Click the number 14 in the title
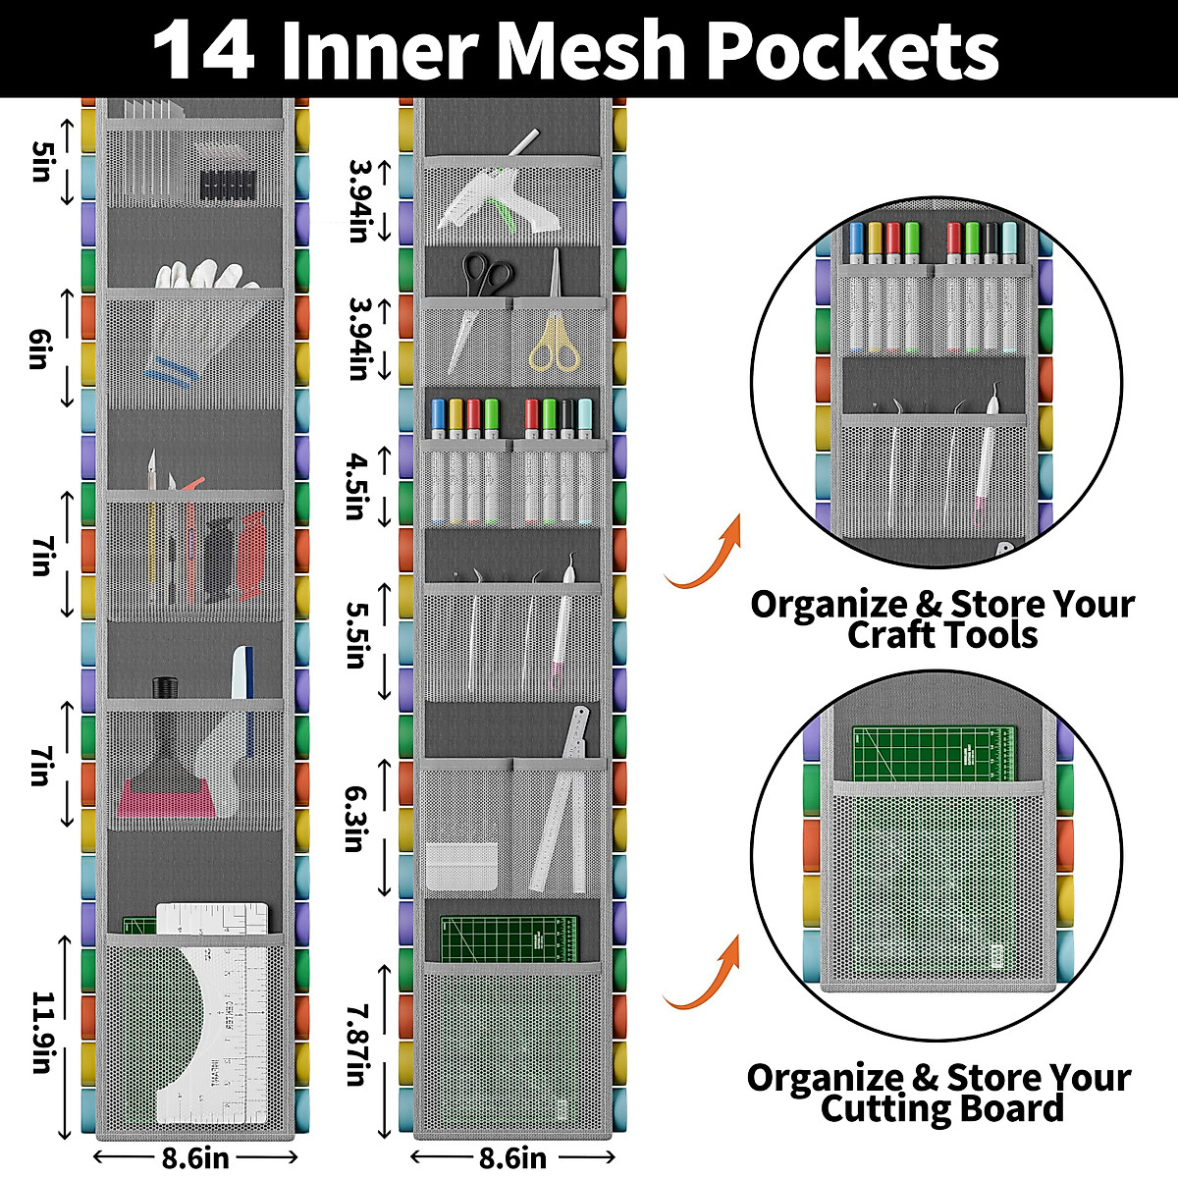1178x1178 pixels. (x=204, y=51)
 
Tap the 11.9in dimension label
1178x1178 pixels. (x=41, y=1033)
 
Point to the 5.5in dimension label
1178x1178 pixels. (x=357, y=634)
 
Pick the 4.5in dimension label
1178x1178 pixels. (x=357, y=485)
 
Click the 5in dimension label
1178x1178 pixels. (x=41, y=161)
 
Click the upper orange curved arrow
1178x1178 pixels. (x=705, y=560)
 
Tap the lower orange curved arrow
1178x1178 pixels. (x=705, y=978)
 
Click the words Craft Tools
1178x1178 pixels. (x=942, y=635)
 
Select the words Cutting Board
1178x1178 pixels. (x=942, y=1108)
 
